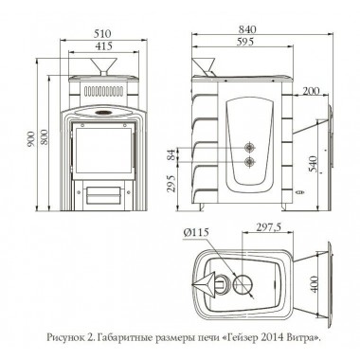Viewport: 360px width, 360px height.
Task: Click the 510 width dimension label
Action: click(x=104, y=34)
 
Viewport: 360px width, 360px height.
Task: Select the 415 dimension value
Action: click(x=104, y=46)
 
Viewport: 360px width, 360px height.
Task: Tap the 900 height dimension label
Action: click(x=31, y=136)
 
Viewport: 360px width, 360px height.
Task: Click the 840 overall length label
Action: click(x=247, y=29)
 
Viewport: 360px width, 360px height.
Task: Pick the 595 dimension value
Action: click(x=245, y=42)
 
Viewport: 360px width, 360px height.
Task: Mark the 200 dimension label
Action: click(x=311, y=91)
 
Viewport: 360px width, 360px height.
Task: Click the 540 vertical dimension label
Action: click(x=313, y=164)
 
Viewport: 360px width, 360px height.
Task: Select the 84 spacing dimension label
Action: click(x=171, y=154)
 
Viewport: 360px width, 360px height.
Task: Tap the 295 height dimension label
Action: click(x=171, y=184)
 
